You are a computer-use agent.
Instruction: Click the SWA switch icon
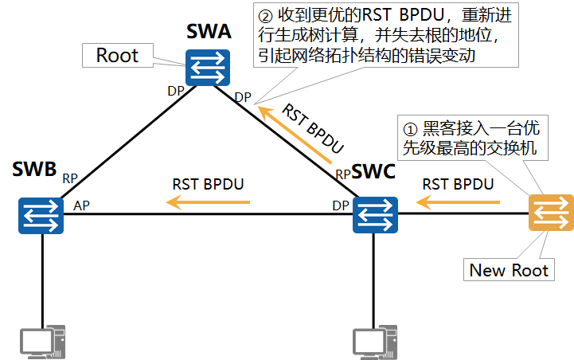pyautogui.click(x=208, y=69)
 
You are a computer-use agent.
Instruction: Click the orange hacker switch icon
pyautogui.click(x=550, y=213)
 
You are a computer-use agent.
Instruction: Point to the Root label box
pyautogui.click(x=118, y=55)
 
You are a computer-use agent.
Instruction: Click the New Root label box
pyautogui.click(x=509, y=270)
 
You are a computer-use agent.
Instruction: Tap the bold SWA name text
pyautogui.click(x=209, y=33)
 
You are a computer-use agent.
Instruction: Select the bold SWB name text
pyautogui.click(x=35, y=169)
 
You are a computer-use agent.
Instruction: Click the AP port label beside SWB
pyautogui.click(x=81, y=205)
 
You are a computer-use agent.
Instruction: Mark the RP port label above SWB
pyautogui.click(x=71, y=178)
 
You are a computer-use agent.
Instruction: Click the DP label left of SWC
pyautogui.click(x=341, y=205)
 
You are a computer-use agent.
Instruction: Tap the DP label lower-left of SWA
pyautogui.click(x=176, y=90)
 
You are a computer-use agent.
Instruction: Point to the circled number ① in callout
pyautogui.click(x=411, y=127)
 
